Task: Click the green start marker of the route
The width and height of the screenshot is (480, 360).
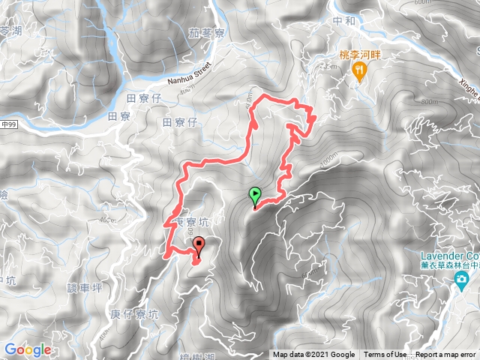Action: pyautogui.click(x=255, y=195)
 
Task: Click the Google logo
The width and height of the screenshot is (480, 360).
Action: pyautogui.click(x=28, y=350)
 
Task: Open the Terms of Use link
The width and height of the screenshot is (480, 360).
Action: pyautogui.click(x=385, y=355)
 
